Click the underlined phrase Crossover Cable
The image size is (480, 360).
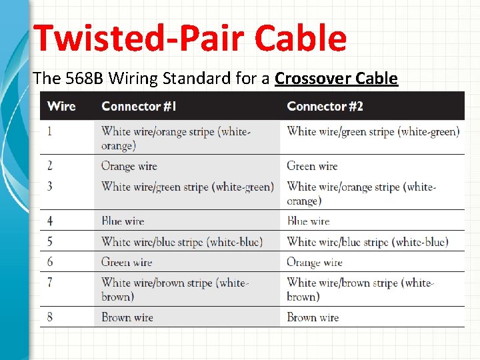coord(336,79)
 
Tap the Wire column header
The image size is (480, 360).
coord(61,106)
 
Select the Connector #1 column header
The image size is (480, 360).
coord(139,106)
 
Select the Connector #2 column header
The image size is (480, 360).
coord(325,106)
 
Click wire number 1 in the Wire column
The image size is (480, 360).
coord(49,131)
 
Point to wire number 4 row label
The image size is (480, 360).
coord(50,221)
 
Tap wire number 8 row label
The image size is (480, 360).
coord(50,317)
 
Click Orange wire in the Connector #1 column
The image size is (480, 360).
coord(127,166)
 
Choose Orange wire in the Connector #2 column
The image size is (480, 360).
coord(314,262)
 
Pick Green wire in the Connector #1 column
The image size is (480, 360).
coord(127,262)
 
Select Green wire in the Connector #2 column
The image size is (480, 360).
coord(312,166)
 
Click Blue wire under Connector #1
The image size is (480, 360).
coord(123,221)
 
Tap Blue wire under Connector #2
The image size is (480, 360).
coord(308,221)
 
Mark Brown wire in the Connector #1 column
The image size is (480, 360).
coord(127,317)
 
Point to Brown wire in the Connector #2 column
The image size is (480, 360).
coord(313,317)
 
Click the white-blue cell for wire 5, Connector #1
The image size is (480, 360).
coord(181,241)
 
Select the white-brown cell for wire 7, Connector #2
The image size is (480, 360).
coord(361,289)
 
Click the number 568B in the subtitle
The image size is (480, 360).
coord(85,79)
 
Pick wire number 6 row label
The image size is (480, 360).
coord(50,262)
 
